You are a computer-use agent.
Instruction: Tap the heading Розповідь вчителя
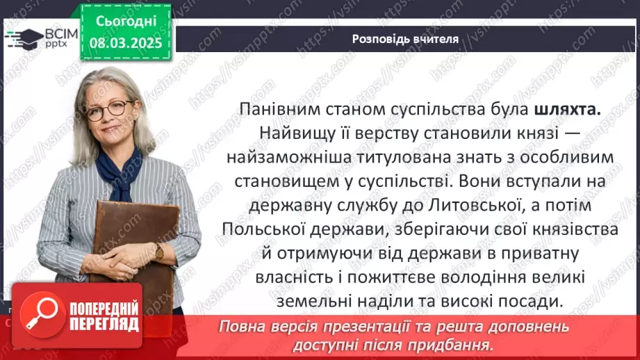tap(405, 39)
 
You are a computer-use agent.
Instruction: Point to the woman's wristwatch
tap(159, 251)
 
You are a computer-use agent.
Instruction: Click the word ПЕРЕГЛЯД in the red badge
tap(104, 324)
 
